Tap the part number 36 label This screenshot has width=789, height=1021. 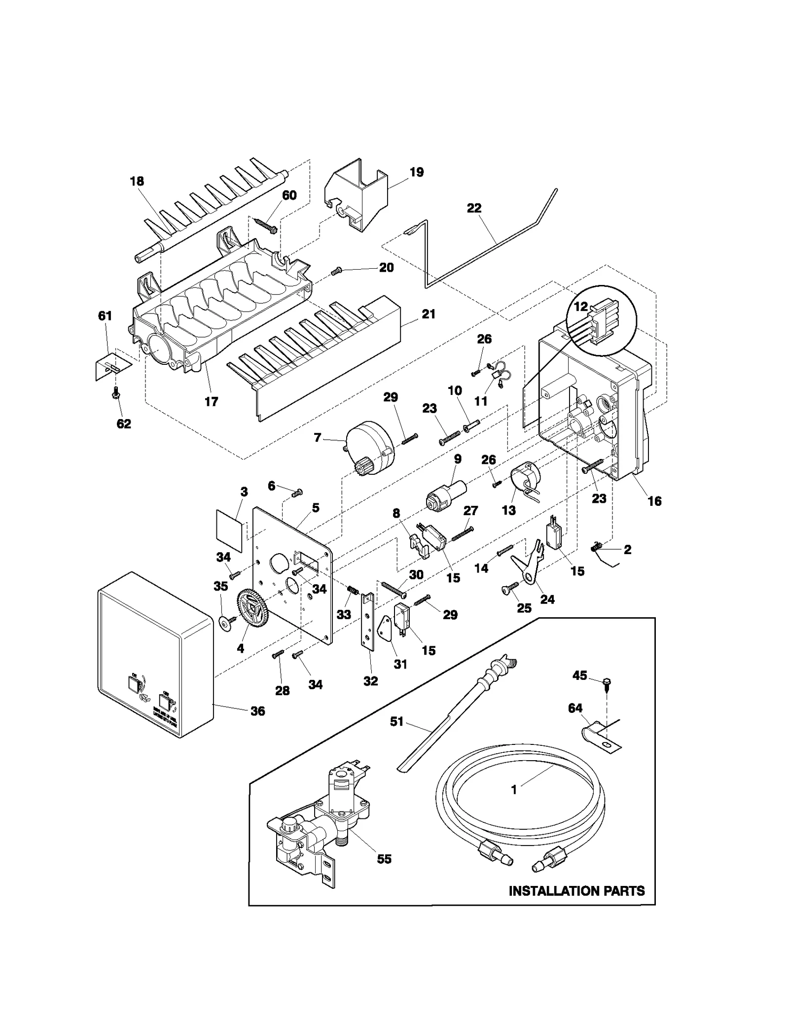[x=257, y=711]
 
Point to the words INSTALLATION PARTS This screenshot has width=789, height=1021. [x=576, y=891]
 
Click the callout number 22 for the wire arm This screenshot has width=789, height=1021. [x=473, y=208]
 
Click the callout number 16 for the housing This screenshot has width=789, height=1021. [x=654, y=501]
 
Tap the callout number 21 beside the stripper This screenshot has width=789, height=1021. [x=428, y=314]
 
